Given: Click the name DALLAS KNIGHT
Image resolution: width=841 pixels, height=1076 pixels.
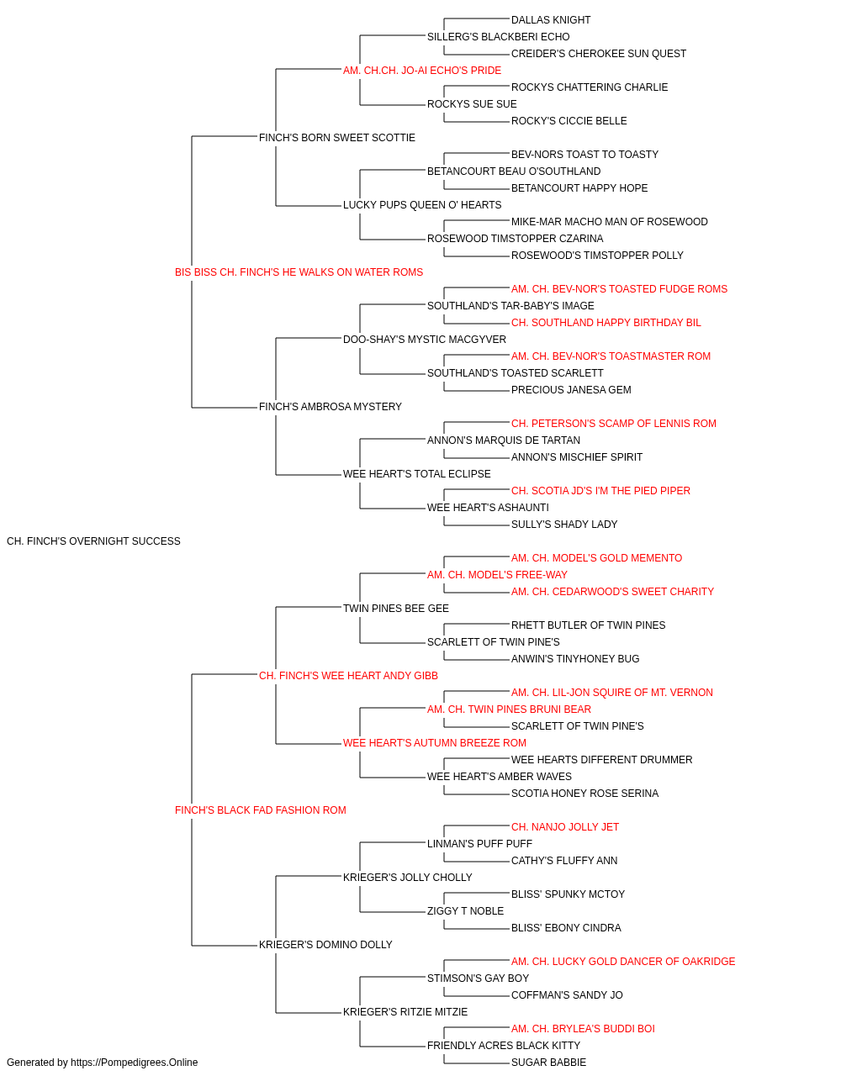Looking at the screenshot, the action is coord(550,20).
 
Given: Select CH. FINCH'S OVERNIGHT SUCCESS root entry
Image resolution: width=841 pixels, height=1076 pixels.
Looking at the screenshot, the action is coord(93,541).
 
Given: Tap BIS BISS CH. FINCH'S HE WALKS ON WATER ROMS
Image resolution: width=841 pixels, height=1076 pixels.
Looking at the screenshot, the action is coord(299,272).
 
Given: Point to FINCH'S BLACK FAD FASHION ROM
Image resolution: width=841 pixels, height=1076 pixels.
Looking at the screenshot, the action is coord(261,810).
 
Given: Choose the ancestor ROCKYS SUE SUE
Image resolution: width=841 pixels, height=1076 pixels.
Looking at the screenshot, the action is coord(472,104).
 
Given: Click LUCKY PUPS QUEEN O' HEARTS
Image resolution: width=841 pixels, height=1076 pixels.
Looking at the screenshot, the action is coord(422,205).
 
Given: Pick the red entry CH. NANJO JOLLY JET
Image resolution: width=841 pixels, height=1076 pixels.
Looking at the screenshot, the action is coord(564,827).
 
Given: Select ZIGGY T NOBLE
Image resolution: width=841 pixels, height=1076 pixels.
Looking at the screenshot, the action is coord(465,911).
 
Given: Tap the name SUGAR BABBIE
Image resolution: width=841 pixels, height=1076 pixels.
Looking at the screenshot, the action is coord(548,1063).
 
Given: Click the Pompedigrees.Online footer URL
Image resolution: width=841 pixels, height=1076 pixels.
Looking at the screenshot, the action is coord(135,1063).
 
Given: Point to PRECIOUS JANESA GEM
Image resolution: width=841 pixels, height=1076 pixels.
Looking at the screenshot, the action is coord(571,390).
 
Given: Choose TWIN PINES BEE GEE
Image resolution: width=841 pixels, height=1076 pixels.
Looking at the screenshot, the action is coord(396,609).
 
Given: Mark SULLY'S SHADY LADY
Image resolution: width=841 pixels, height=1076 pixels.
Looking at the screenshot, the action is coord(564,525).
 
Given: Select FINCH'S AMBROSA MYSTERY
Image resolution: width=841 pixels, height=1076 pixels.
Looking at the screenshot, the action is coord(330,407).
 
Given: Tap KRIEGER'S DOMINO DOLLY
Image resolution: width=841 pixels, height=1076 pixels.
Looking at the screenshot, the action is coord(325,945).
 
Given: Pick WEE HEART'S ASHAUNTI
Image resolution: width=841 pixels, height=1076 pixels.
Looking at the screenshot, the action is coord(488,508).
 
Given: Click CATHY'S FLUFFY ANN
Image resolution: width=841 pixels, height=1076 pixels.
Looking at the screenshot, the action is coord(564,861).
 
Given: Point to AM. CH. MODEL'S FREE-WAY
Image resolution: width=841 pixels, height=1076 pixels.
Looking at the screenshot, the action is coord(497,575).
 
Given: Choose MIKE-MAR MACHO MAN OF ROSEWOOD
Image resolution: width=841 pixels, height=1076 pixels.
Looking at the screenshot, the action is coord(609,222).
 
